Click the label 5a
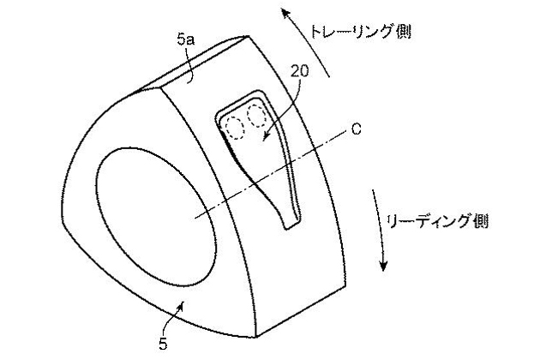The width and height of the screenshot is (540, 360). coord(186,39)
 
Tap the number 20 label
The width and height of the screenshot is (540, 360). coord(299,71)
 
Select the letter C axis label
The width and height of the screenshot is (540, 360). coord(356,129)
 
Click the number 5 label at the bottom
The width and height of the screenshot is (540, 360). coord(163,344)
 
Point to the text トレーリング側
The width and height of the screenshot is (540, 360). coord(361,32)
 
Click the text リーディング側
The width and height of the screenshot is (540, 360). coord(437,220)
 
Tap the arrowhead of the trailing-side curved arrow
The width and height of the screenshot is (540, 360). coord(285,15)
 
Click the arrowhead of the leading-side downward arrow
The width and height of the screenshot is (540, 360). coord(383,265)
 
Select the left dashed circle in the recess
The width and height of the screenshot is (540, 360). coord(235,128)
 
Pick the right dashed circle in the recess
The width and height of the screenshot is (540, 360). coord(257,116)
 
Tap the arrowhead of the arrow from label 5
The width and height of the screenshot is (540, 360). coord(182,304)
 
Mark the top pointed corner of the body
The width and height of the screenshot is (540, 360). coord(247,36)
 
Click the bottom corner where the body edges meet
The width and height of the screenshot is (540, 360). coord(255,337)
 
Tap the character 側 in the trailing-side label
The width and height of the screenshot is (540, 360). coord(403,32)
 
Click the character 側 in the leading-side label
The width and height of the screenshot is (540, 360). coord(481,221)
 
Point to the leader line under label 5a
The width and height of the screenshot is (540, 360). coord(189,65)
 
